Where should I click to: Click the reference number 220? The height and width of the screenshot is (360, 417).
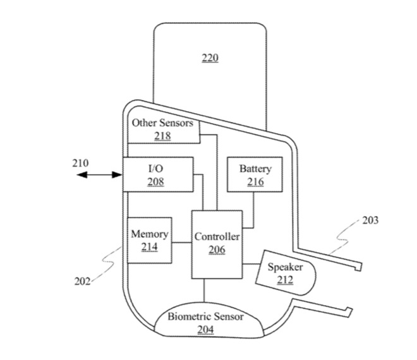(x=210, y=58)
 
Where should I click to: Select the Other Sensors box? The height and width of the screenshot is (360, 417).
(x=163, y=129)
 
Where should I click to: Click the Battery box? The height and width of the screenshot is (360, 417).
(x=255, y=175)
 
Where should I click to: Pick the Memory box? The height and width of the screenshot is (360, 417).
(x=150, y=239)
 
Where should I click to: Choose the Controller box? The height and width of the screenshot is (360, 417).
(x=217, y=243)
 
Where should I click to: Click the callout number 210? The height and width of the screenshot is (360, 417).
(x=80, y=163)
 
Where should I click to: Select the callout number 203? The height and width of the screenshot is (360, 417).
(x=371, y=220)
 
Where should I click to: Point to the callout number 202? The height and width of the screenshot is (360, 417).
(x=81, y=282)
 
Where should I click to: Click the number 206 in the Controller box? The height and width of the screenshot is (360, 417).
(x=217, y=249)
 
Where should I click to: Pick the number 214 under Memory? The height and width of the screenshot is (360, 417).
(x=150, y=246)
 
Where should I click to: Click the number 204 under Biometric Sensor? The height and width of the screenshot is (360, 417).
(x=205, y=329)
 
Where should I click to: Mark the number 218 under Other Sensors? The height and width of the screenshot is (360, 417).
(x=162, y=135)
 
